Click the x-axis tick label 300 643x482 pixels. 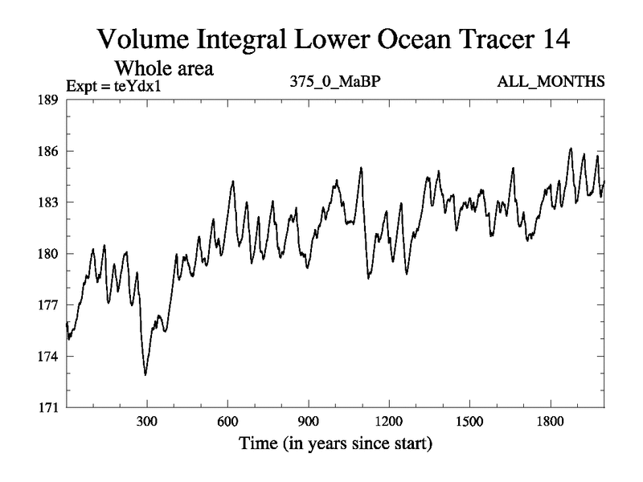146,422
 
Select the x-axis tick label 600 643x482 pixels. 227,422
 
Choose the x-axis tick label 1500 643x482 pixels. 469,422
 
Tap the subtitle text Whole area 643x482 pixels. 165,68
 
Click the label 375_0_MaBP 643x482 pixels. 328,82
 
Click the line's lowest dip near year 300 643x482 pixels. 145,374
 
